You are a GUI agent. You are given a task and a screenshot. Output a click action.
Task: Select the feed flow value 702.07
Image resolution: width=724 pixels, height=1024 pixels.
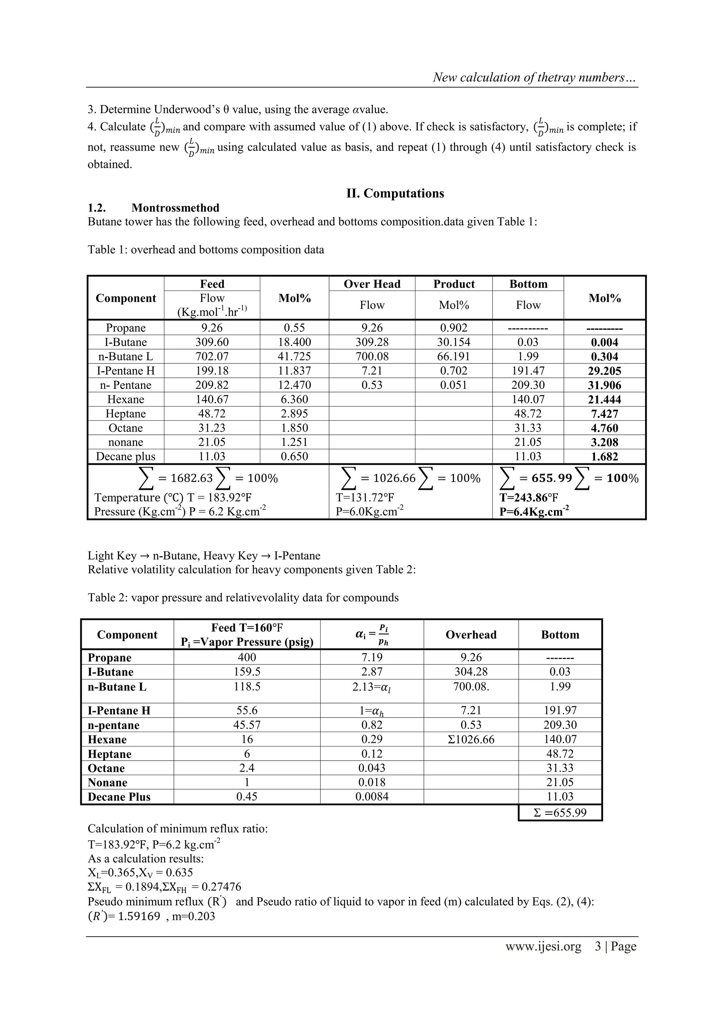tap(212, 356)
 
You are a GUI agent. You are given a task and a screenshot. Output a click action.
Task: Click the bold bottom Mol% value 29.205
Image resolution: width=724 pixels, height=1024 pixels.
tap(605, 371)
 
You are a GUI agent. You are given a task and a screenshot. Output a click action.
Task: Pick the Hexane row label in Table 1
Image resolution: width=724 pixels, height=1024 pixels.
tap(125, 399)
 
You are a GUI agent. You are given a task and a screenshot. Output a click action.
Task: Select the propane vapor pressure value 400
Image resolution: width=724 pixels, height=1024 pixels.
tap(247, 657)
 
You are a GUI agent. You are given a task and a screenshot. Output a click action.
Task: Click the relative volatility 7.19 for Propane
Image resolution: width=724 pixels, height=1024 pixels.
tap(372, 657)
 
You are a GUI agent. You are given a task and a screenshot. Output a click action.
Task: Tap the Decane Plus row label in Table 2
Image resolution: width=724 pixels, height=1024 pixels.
tap(119, 797)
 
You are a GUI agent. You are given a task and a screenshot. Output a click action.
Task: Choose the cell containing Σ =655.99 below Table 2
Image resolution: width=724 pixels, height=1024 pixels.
tap(560, 813)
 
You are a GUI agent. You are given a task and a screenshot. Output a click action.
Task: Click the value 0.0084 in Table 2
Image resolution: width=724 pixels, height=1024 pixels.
tap(372, 797)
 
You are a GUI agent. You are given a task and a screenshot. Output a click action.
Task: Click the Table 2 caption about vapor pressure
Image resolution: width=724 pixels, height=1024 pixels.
tap(243, 598)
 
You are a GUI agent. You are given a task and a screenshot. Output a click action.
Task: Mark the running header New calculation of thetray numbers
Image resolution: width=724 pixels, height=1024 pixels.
tap(534, 78)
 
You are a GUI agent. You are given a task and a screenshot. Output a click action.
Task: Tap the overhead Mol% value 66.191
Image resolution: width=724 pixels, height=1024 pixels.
tap(454, 356)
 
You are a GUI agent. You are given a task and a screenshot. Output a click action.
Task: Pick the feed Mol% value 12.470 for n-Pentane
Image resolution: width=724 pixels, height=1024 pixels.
tap(294, 385)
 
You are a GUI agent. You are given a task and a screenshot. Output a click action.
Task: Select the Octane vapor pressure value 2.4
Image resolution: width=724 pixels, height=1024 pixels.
tap(247, 768)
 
